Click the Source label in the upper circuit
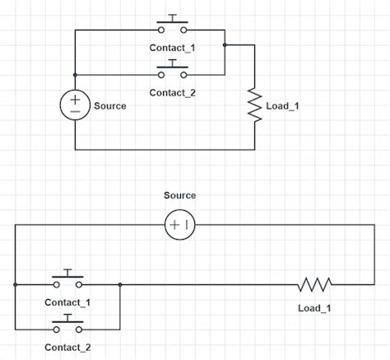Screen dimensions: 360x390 [x=110, y=106]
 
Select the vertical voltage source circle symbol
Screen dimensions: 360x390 [x=75, y=105]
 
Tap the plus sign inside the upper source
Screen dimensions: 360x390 [x=75, y=99]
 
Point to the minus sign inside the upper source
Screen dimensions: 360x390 [x=75, y=111]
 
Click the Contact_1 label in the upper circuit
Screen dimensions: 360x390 [x=172, y=47]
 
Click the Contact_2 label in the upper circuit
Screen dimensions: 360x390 [x=172, y=92]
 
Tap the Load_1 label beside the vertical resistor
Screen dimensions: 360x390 [x=284, y=106]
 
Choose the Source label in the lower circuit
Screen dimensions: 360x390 [x=179, y=195]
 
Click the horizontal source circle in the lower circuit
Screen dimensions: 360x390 [x=179, y=224]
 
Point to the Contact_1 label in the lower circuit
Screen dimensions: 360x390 [x=67, y=302]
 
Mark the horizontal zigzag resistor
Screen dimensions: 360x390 [x=315, y=285]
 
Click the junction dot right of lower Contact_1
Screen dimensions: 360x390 [x=120, y=285]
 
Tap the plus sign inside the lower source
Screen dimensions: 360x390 [x=174, y=224]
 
